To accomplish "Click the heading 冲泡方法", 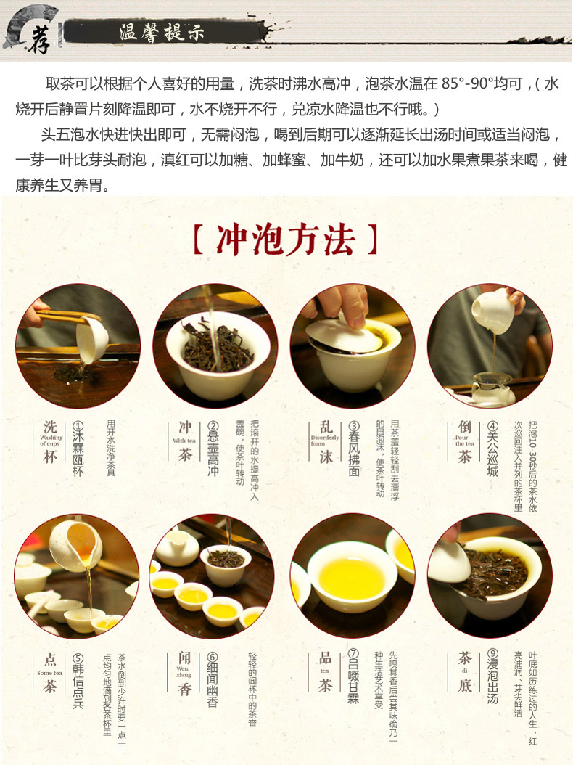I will (286, 239).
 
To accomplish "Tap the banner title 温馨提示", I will (161, 33).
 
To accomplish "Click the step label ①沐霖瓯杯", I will (78, 451).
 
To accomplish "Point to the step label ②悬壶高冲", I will (213, 451).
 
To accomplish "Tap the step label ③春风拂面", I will (354, 451).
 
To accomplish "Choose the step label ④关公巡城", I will (492, 451).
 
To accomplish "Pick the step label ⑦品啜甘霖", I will (354, 678).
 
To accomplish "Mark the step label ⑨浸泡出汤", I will (492, 678).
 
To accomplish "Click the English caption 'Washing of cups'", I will (51, 441).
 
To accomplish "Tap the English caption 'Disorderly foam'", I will (325, 441).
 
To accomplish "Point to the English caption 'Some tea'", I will (49, 673).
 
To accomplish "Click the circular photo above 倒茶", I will (490, 346).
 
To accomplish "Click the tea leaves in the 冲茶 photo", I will (215, 349).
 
